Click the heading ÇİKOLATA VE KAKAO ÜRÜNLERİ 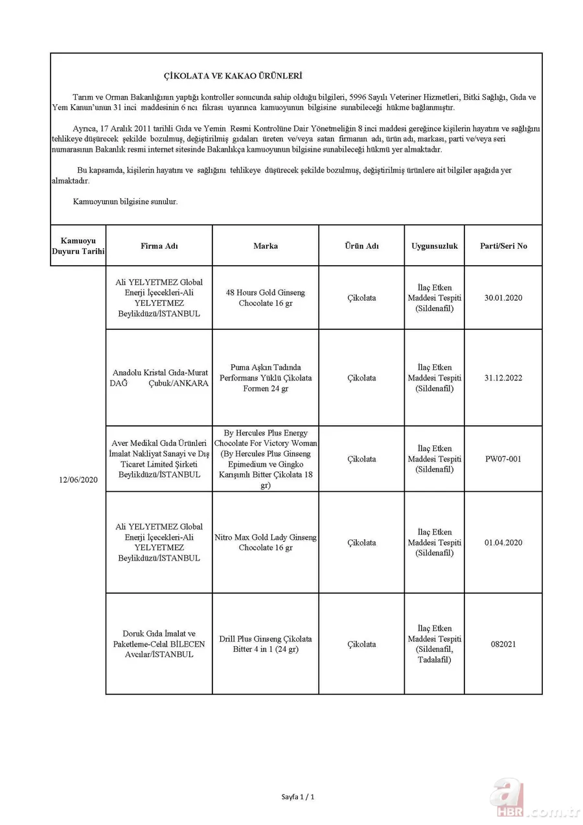(x=232, y=76)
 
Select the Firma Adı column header (x=159, y=246)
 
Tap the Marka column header (x=266, y=246)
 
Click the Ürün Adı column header (x=361, y=246)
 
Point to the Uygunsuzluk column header (x=434, y=246)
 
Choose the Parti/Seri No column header (x=503, y=246)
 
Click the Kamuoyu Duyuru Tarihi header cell (x=78, y=246)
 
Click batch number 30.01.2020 (x=503, y=297)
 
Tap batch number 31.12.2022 (x=503, y=378)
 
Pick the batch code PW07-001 (x=503, y=459)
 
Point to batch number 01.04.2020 (x=503, y=542)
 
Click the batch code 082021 (x=503, y=644)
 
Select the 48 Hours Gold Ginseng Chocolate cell (x=266, y=297)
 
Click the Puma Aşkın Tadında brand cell (x=266, y=378)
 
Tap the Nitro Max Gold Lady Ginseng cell (x=266, y=542)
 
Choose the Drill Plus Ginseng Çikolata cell (x=266, y=644)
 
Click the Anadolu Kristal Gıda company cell (x=159, y=378)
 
